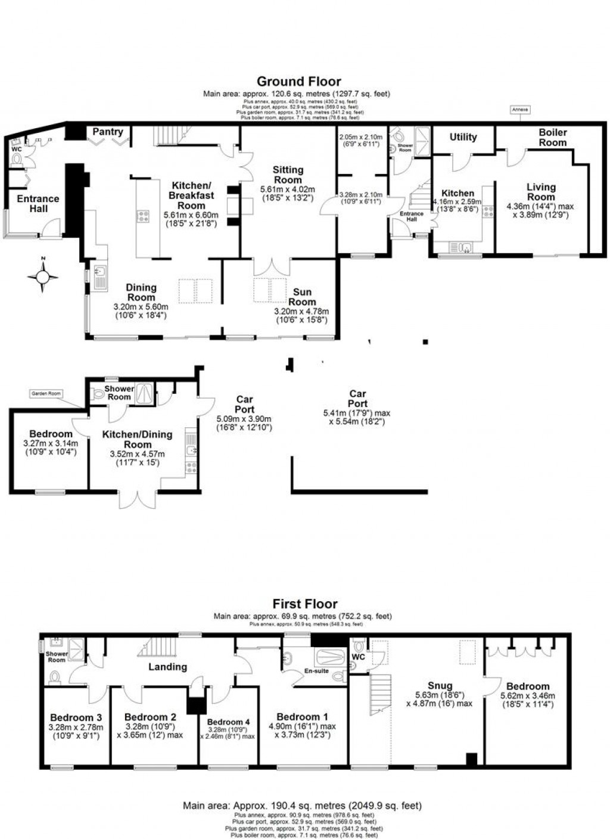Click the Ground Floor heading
(x=298, y=82)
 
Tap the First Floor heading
(x=305, y=604)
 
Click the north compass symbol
(x=43, y=276)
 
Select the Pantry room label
(x=108, y=132)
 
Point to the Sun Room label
(x=302, y=296)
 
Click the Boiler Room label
(x=552, y=138)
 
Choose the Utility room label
(x=463, y=137)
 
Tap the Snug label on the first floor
(x=440, y=686)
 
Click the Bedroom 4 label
(x=229, y=722)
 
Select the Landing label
(x=167, y=667)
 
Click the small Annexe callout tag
(x=519, y=110)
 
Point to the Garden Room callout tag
(x=46, y=394)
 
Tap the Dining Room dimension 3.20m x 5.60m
(x=141, y=307)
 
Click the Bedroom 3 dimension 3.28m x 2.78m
(x=76, y=727)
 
